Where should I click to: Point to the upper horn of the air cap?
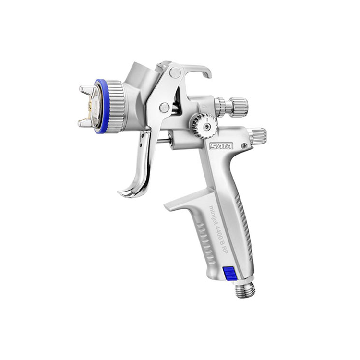pos(85,90)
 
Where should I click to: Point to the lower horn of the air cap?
pos(85,123)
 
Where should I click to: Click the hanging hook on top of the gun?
pos(197,71)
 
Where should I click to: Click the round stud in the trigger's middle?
pos(165,107)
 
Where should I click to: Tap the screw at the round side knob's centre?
pos(206,126)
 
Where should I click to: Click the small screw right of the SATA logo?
pos(244,145)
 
